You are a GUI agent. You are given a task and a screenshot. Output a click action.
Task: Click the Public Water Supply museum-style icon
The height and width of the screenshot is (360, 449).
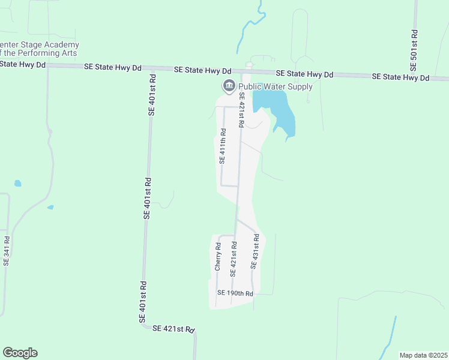coord(229,87)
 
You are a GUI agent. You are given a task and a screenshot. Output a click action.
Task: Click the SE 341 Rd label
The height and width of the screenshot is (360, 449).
coord(7,250)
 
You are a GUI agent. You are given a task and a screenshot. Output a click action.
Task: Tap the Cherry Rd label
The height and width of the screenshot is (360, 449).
coord(218,256)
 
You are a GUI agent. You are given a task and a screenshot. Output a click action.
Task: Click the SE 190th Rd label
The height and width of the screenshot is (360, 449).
coord(235,293)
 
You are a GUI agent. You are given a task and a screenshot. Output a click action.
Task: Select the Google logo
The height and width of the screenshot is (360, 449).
coord(20,353)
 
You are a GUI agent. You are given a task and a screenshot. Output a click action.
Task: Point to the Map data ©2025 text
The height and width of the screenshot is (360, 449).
coord(424,355)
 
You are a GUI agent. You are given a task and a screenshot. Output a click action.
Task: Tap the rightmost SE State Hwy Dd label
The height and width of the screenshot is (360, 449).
coord(400,77)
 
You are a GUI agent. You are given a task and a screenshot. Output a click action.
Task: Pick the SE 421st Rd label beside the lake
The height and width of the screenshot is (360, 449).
coord(241,110)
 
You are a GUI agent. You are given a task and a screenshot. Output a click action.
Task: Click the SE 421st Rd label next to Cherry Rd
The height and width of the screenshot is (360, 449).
coord(233,259)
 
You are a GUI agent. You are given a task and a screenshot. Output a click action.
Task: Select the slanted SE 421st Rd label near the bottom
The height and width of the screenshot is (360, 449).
coord(173,329)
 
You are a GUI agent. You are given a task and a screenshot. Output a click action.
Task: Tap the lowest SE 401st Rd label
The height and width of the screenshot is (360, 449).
coord(143,302)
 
